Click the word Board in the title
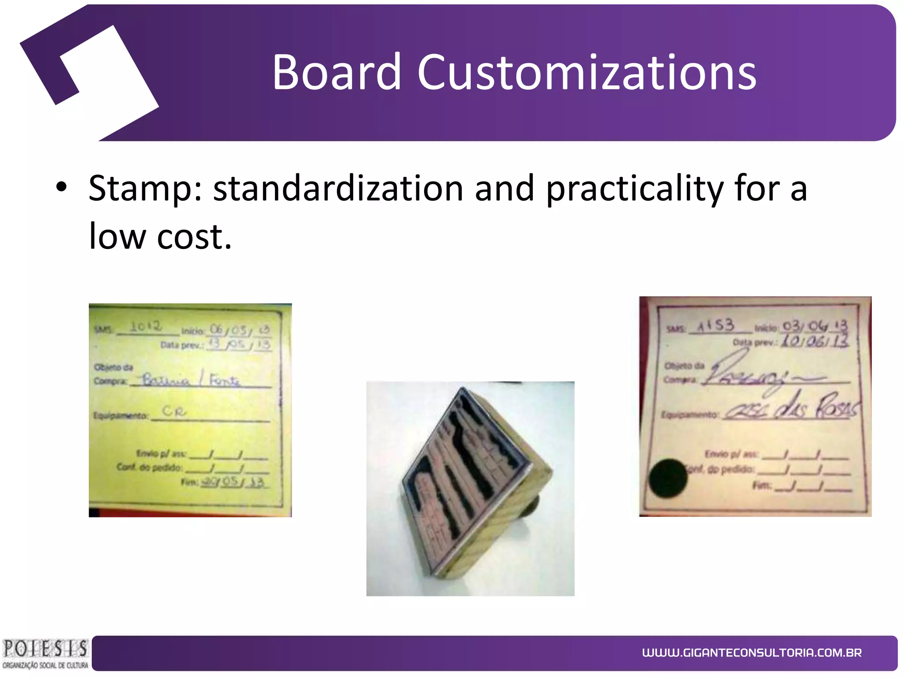(x=336, y=72)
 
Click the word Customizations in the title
(x=587, y=72)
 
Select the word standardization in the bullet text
(x=338, y=188)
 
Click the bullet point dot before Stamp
(x=61, y=187)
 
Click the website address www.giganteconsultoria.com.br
(x=752, y=652)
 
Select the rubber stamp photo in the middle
(x=470, y=488)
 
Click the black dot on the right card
(x=668, y=478)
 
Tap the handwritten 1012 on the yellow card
(x=145, y=327)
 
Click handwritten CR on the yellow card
(x=174, y=411)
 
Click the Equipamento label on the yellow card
(x=120, y=416)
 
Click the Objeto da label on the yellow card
(x=113, y=367)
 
